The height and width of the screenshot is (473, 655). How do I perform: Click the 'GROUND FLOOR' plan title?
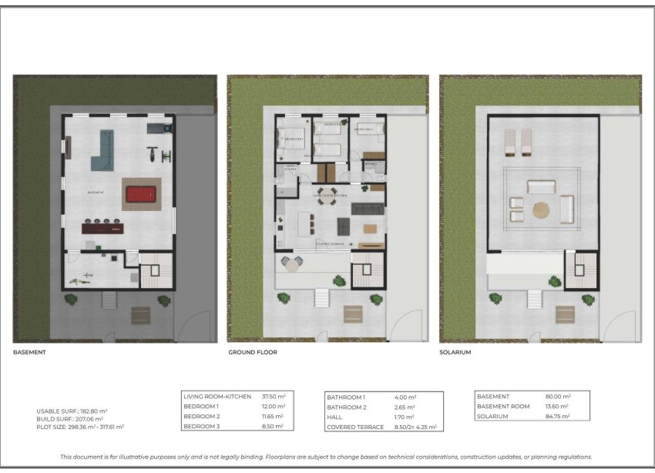click(252, 352)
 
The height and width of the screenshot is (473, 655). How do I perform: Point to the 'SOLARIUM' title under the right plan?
click(455, 352)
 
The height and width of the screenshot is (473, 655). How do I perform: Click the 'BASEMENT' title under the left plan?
click(29, 352)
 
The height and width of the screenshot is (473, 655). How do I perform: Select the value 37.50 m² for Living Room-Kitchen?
click(273, 397)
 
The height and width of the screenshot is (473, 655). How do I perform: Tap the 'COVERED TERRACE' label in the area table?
click(355, 427)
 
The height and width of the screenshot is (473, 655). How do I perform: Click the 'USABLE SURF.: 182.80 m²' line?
click(72, 411)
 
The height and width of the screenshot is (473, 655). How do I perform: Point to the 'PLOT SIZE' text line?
click(80, 426)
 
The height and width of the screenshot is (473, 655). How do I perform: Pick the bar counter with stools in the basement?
click(102, 226)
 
